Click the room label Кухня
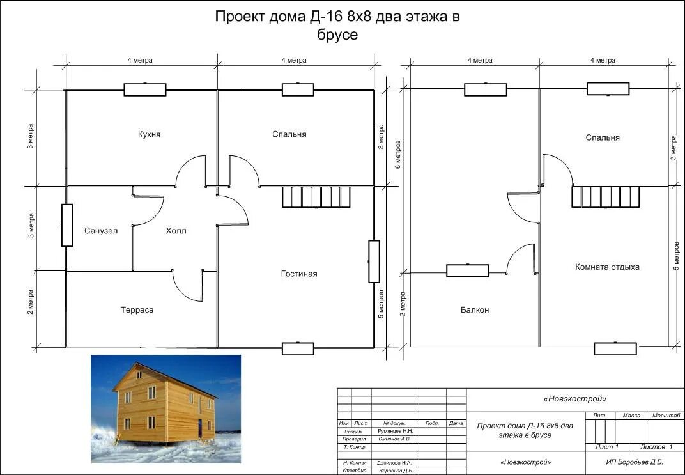(149, 134)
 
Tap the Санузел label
(101, 231)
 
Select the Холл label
(176, 231)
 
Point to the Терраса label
(137, 310)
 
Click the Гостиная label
(299, 274)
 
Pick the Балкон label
(475, 310)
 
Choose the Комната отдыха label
(607, 267)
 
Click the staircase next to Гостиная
(316, 197)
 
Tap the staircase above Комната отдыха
(606, 197)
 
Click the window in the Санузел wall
(67, 225)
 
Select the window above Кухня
(145, 90)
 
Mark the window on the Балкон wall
(468, 270)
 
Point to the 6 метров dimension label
(398, 155)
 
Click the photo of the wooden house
(165, 409)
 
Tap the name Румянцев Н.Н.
(396, 431)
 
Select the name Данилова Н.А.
(395, 463)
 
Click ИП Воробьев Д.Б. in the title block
(635, 462)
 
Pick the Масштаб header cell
(666, 416)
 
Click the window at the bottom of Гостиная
(298, 348)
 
